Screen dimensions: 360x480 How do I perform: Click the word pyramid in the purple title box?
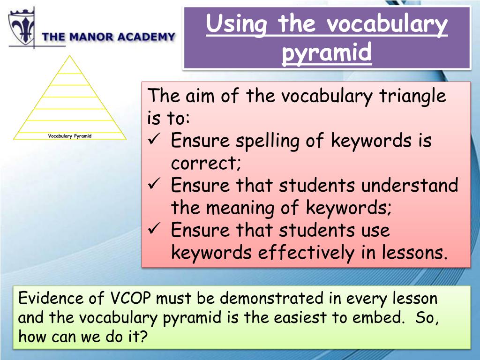pos(327,52)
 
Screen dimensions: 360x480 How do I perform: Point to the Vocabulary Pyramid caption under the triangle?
pos(70,136)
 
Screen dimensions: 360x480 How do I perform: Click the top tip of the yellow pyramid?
pos(70,56)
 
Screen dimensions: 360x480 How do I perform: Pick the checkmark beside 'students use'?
pos(154,230)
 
